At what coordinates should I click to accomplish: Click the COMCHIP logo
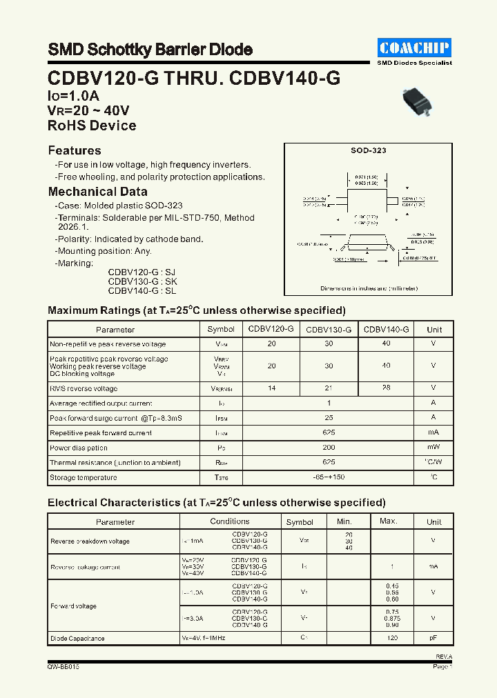(x=415, y=48)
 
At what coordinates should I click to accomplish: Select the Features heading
(x=75, y=150)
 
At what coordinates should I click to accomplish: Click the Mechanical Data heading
(x=97, y=192)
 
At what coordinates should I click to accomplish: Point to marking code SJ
(x=172, y=272)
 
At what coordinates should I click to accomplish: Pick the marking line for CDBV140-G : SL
(x=142, y=292)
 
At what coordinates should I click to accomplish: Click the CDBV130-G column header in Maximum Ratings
(x=329, y=330)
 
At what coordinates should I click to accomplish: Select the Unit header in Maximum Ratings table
(x=434, y=330)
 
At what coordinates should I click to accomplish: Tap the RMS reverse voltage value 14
(x=271, y=388)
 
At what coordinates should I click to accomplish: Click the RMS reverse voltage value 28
(x=386, y=388)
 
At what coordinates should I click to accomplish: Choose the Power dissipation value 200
(x=329, y=448)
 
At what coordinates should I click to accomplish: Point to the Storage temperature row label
(x=84, y=477)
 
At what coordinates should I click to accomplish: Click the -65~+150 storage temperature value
(x=329, y=477)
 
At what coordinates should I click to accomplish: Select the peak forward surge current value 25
(x=329, y=418)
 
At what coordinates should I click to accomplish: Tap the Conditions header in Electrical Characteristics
(x=230, y=521)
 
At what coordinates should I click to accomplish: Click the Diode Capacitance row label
(x=77, y=639)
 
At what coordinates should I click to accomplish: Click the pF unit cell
(x=433, y=639)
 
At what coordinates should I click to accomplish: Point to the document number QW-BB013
(x=64, y=667)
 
